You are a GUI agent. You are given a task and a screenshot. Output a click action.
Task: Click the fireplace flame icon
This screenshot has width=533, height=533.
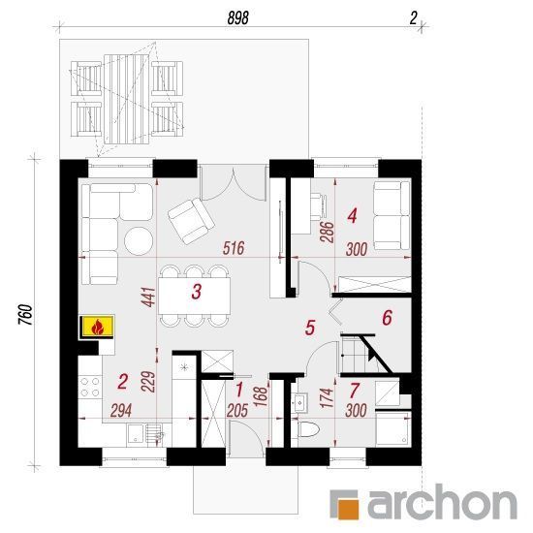(x=97, y=327)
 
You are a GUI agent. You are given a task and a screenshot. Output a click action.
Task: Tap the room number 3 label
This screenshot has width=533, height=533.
(x=197, y=292)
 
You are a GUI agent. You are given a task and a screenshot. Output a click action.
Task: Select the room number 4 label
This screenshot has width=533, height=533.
(x=352, y=216)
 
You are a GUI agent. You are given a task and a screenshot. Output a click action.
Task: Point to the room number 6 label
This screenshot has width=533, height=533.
(x=388, y=318)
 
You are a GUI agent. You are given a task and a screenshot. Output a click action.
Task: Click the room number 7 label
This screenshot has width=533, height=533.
(x=354, y=391)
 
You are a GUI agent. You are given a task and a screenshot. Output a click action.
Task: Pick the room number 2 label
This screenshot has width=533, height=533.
(x=122, y=382)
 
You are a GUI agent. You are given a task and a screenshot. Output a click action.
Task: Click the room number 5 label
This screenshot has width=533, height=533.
(x=310, y=328)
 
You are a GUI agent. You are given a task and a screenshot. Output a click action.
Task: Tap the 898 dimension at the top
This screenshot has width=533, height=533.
(x=238, y=17)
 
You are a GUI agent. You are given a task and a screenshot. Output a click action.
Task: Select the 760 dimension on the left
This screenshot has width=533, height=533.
(x=26, y=314)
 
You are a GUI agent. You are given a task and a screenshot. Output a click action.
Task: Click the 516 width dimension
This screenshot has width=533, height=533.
(x=234, y=248)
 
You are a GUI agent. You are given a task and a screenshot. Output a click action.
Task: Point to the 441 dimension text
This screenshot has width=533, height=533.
(x=149, y=298)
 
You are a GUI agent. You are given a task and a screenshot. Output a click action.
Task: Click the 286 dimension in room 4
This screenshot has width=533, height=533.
(x=328, y=232)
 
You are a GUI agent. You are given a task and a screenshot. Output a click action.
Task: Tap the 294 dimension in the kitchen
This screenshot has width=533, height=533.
(x=121, y=411)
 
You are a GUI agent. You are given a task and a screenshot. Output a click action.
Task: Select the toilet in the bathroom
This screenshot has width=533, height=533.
(x=309, y=430)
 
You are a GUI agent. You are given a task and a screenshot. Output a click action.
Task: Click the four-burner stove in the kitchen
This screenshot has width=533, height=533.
(x=90, y=387)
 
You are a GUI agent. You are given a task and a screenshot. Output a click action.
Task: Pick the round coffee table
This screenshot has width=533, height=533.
(x=139, y=240)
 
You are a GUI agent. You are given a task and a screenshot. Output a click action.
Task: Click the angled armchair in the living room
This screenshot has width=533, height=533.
(x=191, y=221)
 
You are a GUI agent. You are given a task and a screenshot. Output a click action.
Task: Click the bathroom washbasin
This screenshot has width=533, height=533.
(x=299, y=403)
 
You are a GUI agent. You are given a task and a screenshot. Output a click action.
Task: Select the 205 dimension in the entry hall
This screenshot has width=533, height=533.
(x=237, y=411)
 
